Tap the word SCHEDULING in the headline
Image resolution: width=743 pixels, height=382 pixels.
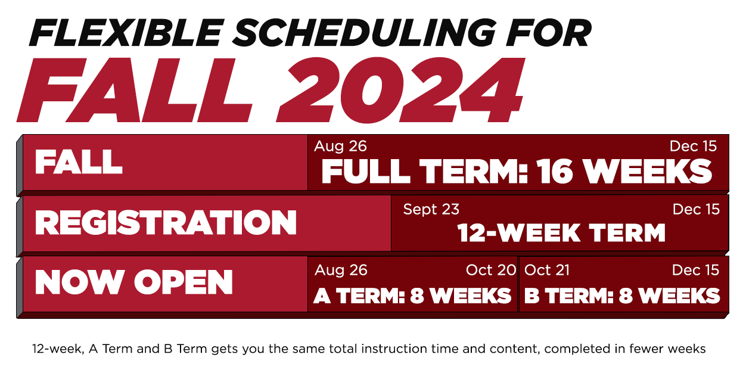[364, 33]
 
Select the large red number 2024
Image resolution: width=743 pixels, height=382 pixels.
[400, 90]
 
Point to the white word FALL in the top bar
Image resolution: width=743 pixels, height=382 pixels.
[79, 162]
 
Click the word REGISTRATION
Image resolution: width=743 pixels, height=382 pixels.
[166, 222]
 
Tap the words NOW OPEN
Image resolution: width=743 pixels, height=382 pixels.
[133, 282]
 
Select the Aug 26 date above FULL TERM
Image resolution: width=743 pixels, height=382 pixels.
[340, 147]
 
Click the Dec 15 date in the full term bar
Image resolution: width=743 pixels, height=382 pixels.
[693, 147]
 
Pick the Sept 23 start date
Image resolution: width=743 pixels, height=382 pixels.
[431, 209]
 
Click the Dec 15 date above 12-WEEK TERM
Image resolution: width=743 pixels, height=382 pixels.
[696, 209]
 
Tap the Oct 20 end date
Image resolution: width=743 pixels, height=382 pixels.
[491, 270]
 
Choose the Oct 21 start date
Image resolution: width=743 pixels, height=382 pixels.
[546, 270]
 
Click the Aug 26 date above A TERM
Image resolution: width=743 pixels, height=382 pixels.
[341, 270]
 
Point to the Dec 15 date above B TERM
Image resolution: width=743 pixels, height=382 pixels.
[695, 270]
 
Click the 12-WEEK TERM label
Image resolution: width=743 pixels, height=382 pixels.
[561, 232]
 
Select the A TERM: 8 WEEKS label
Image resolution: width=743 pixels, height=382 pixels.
[412, 296]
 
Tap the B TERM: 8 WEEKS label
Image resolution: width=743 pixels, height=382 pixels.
[622, 296]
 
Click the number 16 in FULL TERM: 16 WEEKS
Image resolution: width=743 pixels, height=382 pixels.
[555, 171]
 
